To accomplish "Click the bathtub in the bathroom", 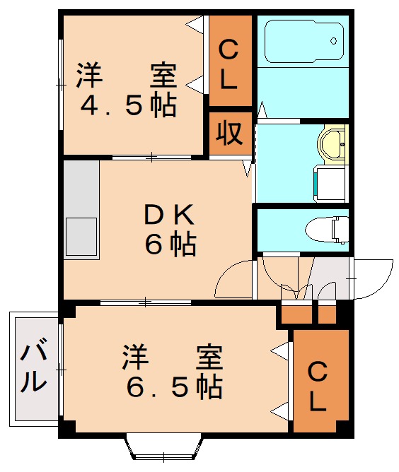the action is tap(304, 41).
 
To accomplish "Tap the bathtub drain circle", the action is tap(334, 41).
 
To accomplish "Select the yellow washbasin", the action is tap(333, 144).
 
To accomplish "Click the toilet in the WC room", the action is tap(327, 230).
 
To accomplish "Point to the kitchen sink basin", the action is tap(81, 237).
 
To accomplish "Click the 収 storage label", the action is tap(229, 133).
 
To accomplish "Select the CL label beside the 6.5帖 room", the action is tap(318, 387).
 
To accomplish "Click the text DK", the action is tap(169, 215).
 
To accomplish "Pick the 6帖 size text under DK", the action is tap(170, 244).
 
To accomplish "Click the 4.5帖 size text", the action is tap(128, 105).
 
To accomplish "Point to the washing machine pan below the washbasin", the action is tap(330, 183).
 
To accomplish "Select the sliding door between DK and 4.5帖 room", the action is tap(151, 157).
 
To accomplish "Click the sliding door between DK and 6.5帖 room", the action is tap(146, 302).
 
